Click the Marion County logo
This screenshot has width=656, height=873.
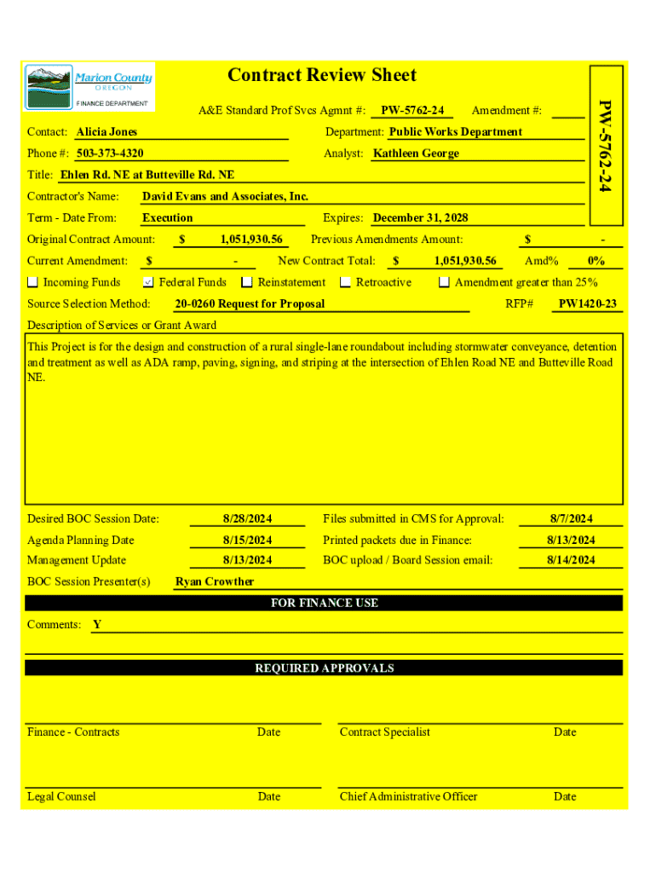point(89,86)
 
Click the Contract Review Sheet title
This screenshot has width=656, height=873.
point(322,75)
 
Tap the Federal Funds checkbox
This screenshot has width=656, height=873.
point(148,282)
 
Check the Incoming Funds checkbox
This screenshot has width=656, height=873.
point(33,282)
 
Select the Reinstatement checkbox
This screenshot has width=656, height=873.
point(247,282)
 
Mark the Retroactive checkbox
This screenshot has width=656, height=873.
point(346,282)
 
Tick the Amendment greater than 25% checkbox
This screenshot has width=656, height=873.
point(444,282)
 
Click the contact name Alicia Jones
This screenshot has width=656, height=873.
point(106,132)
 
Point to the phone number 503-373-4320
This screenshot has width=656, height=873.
point(110,153)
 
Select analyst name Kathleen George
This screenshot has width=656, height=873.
point(417,153)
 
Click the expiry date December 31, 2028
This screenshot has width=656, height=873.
point(421,218)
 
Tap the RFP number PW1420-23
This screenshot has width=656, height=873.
point(588,304)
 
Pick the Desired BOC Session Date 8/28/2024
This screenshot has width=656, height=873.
point(247,518)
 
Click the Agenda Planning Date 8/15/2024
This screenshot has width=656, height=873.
point(247,540)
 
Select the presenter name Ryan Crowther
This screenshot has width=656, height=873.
point(215,581)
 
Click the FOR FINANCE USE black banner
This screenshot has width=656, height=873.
point(324,603)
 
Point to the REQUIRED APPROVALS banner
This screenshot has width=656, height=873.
point(324,668)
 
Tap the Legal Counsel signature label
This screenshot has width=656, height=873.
point(61,796)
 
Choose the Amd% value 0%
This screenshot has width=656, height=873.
point(596,261)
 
